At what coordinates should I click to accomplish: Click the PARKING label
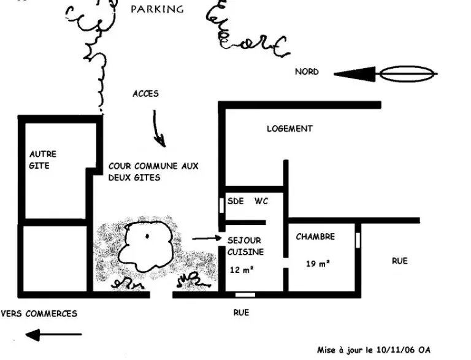157,9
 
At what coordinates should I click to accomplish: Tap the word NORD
307,72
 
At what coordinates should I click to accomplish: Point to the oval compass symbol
408,75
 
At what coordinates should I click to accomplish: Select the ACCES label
145,94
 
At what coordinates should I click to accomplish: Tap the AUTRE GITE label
42,160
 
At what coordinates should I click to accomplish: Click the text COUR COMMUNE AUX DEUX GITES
153,172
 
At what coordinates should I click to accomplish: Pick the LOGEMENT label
289,129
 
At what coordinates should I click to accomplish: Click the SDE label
235,201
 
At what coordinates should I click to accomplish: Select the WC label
261,201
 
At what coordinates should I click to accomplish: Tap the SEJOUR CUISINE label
245,246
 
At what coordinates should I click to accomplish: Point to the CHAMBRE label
315,237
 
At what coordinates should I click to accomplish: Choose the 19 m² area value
318,264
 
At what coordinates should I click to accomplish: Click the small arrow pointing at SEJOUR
206,238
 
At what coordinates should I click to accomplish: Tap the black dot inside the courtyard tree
147,236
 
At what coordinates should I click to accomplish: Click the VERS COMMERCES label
39,313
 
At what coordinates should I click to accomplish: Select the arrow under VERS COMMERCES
52,335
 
